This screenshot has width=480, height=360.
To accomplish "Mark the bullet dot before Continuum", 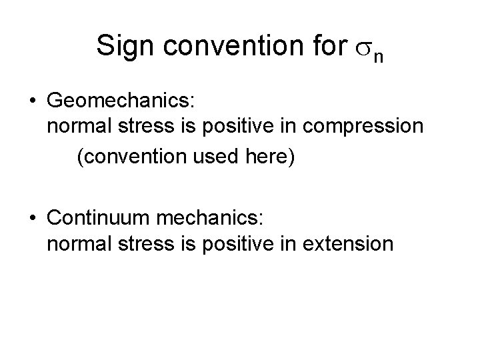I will pos(33,218).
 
